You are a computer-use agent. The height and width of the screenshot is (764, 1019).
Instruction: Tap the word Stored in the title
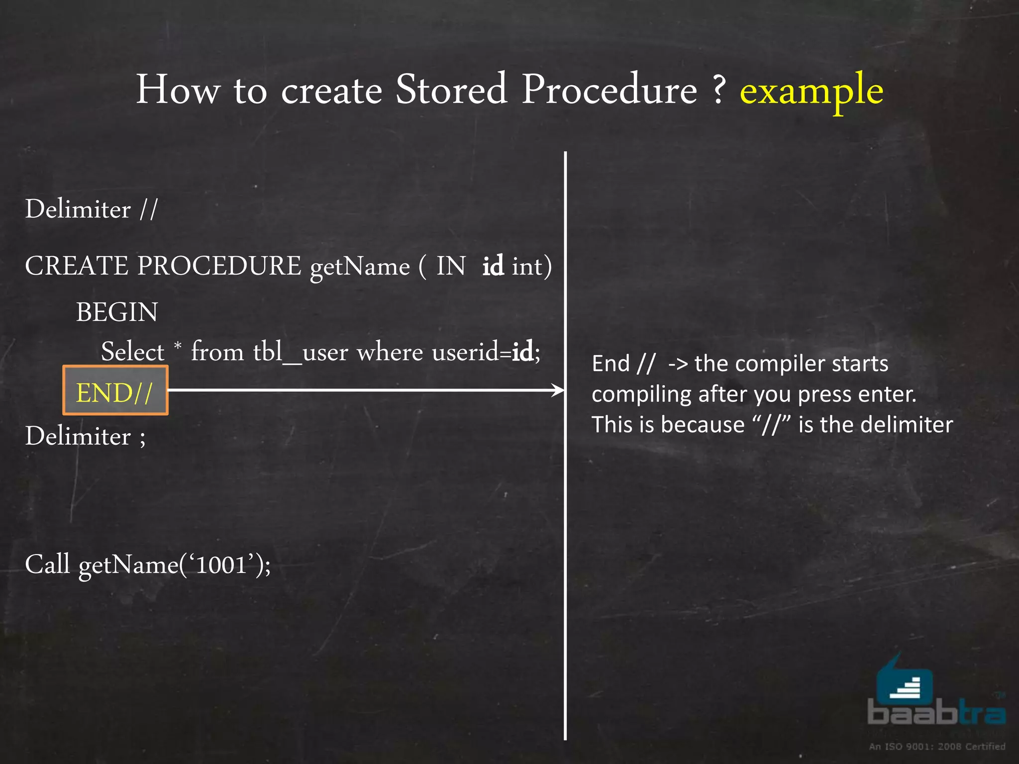point(451,90)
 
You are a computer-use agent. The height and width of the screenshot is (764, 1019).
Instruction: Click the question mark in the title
point(718,90)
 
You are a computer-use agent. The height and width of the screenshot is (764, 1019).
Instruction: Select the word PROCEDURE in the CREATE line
point(219,266)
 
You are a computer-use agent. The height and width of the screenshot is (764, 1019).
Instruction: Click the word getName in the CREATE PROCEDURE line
point(360,268)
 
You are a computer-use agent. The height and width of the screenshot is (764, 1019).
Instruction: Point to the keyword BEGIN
point(117,312)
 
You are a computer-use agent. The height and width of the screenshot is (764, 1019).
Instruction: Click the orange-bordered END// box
point(115,391)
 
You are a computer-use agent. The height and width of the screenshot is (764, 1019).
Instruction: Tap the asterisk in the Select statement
point(178,345)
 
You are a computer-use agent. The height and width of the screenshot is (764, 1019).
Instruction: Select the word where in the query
point(390,352)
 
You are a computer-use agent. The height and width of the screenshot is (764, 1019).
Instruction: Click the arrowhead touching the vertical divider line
point(559,390)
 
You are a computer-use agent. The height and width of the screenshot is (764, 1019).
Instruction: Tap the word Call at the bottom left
point(47,564)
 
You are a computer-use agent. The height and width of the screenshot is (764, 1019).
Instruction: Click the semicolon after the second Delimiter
point(143,438)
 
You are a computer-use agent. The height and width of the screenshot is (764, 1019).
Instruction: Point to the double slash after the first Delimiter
point(148,209)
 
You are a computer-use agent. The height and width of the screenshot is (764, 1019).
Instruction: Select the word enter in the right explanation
point(894,394)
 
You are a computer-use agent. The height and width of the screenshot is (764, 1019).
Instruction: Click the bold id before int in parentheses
point(493,266)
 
